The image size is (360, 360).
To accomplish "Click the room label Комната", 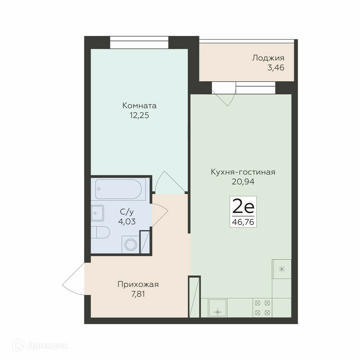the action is (139, 106).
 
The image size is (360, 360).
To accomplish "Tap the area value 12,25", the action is (139, 115).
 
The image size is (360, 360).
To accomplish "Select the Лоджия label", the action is (268, 58).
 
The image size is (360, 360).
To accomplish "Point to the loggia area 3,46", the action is (276, 68).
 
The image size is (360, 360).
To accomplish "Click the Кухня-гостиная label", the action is (243, 172).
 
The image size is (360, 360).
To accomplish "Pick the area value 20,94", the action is (243, 182).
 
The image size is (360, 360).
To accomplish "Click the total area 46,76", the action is (243, 222).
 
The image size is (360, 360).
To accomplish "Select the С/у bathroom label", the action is (127, 212).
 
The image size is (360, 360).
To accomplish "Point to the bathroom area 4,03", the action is (127, 222).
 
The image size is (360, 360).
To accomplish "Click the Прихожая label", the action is (138, 284).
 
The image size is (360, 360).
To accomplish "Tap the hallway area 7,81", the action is (138, 294).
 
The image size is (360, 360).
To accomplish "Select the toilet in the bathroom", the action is (100, 232).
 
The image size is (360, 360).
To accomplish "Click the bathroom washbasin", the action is (97, 213).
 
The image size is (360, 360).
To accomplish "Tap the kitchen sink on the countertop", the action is (217, 308).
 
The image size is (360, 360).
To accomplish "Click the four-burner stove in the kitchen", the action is (262, 308).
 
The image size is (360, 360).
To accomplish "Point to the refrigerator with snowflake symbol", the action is (281, 269).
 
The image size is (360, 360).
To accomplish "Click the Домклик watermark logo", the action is (40, 346).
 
